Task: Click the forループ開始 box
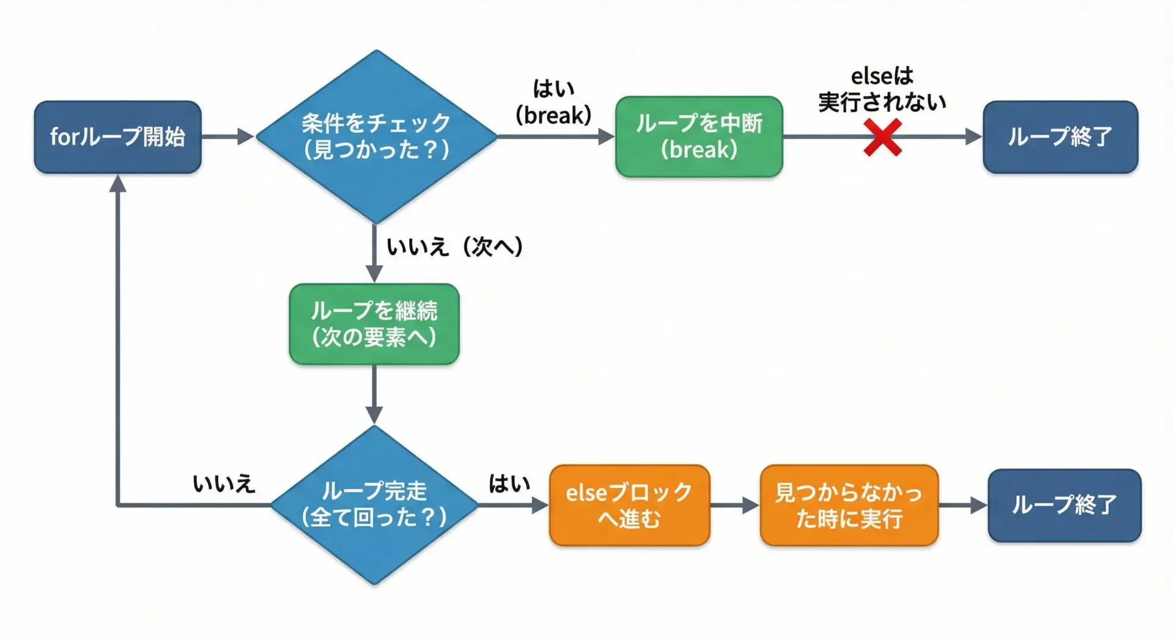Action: coord(117,137)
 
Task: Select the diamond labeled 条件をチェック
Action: coord(376,136)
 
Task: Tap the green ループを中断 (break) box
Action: coord(699,137)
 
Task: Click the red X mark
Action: coord(882,138)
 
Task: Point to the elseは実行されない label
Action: coord(882,89)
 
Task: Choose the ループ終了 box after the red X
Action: coord(1060,137)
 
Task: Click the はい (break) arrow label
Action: coord(553,101)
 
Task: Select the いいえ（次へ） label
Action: coord(454,246)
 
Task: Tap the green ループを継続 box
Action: coord(374,324)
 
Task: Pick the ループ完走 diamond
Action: coord(374,505)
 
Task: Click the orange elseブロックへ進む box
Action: coord(629,506)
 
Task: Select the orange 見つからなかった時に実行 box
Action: coord(849,506)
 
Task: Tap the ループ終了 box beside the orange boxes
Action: coord(1064,506)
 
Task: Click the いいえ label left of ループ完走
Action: coord(224,484)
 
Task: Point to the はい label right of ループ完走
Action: coord(509,484)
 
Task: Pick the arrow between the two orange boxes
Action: coord(734,506)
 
